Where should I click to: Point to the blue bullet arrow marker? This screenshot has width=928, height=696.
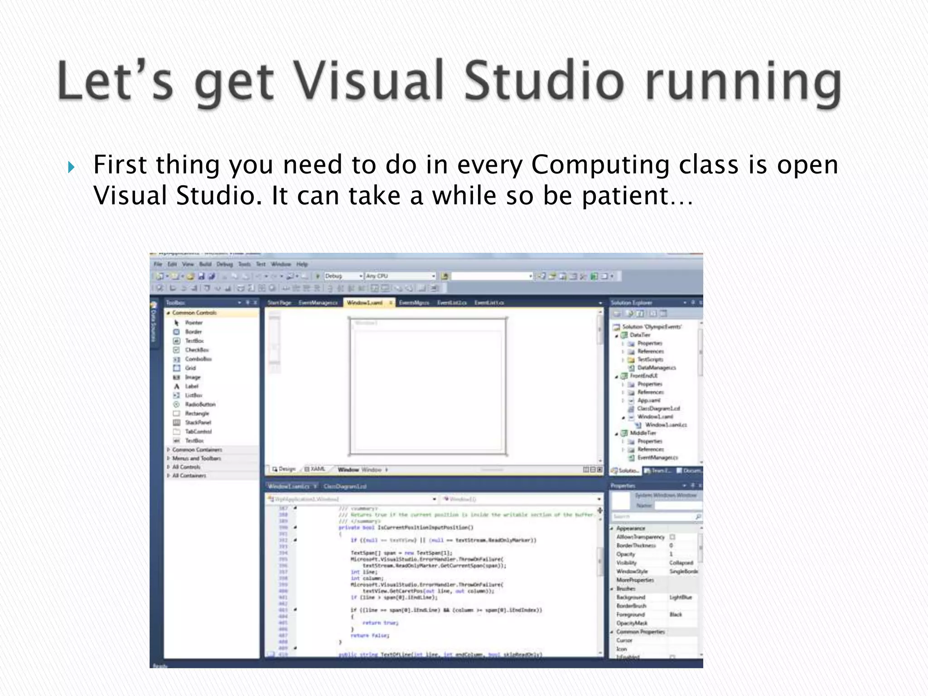click(x=71, y=168)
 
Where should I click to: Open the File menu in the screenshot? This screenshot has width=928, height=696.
click(x=158, y=264)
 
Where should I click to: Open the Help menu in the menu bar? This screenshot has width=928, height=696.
click(x=302, y=264)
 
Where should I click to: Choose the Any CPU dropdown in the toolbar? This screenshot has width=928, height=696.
click(x=400, y=276)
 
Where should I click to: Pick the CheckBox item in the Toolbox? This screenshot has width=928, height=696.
click(x=197, y=350)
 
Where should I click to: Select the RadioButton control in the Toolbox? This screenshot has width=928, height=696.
click(x=200, y=404)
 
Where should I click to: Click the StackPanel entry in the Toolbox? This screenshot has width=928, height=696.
click(x=198, y=422)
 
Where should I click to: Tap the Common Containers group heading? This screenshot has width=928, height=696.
click(x=197, y=449)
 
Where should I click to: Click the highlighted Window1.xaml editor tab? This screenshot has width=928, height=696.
click(x=365, y=303)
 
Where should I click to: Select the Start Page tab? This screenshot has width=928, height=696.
click(x=279, y=303)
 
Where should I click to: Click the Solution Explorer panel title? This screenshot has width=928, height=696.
click(x=631, y=303)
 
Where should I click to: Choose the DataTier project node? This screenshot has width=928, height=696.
click(x=639, y=335)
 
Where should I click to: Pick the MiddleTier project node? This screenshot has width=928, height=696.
click(x=643, y=433)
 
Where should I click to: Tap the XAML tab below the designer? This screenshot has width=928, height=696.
click(x=317, y=469)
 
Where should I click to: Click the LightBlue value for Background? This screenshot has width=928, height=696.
click(x=681, y=597)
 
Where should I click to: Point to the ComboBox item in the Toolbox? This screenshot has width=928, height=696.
click(x=198, y=359)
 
